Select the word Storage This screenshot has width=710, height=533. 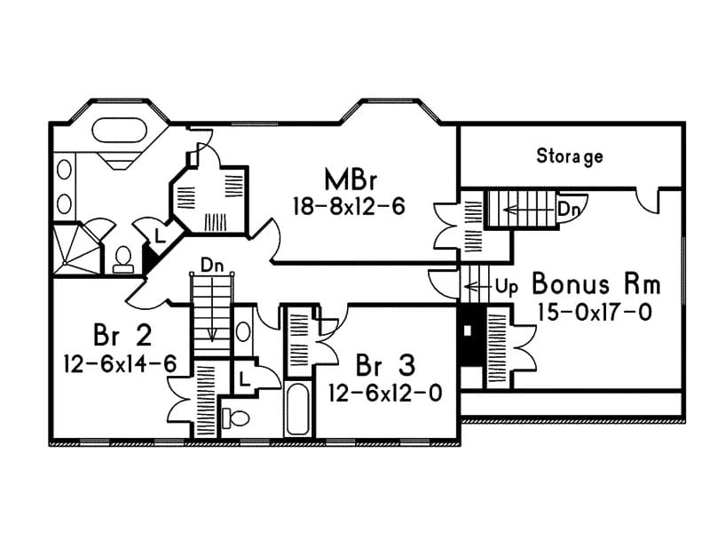click(570, 156)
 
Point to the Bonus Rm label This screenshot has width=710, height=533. click(596, 285)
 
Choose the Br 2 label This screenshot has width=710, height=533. click(122, 336)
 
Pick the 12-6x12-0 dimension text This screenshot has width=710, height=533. click(384, 392)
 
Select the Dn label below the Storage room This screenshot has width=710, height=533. click(567, 210)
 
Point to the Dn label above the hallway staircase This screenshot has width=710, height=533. click(211, 265)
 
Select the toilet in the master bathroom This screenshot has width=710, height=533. click(122, 259)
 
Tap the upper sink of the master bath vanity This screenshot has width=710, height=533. click(64, 168)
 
